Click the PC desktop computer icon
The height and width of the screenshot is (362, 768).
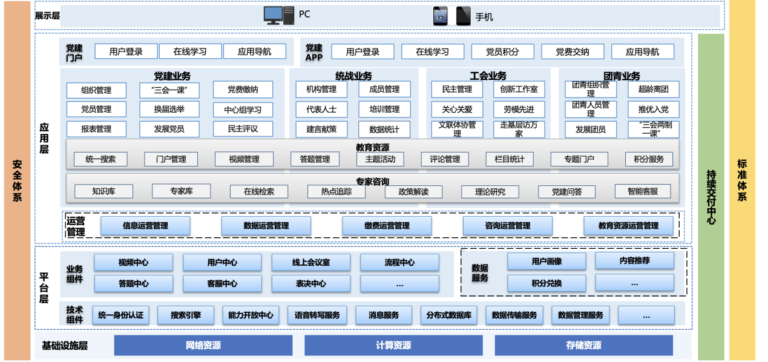pyautogui.click(x=278, y=15)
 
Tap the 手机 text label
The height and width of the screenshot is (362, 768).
pyautogui.click(x=484, y=17)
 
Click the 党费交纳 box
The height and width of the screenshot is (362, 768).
pyautogui.click(x=573, y=52)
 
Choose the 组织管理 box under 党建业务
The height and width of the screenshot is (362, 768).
pyautogui.click(x=97, y=90)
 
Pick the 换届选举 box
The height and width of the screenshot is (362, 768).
pyautogui.click(x=169, y=110)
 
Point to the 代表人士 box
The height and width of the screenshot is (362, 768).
pyautogui.click(x=321, y=110)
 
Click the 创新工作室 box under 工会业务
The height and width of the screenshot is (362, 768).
pyautogui.click(x=519, y=90)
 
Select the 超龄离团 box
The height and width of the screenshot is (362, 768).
pyautogui.click(x=653, y=90)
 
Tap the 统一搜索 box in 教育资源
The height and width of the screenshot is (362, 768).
pyautogui.click(x=100, y=159)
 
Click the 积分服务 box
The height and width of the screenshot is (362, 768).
pyautogui.click(x=649, y=159)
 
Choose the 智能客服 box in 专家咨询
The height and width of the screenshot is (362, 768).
pyautogui.click(x=642, y=191)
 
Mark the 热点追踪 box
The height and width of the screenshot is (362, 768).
pyautogui.click(x=336, y=191)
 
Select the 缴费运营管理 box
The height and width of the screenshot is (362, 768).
pyautogui.click(x=387, y=226)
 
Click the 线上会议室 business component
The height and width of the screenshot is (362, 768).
pyautogui.click(x=312, y=263)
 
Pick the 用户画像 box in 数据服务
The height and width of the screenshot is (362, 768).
pyautogui.click(x=546, y=262)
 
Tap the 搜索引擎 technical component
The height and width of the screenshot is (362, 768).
pyautogui.click(x=186, y=315)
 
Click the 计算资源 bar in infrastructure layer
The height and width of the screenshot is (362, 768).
pyautogui.click(x=393, y=346)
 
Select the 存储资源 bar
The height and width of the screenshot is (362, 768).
pyautogui.click(x=583, y=346)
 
